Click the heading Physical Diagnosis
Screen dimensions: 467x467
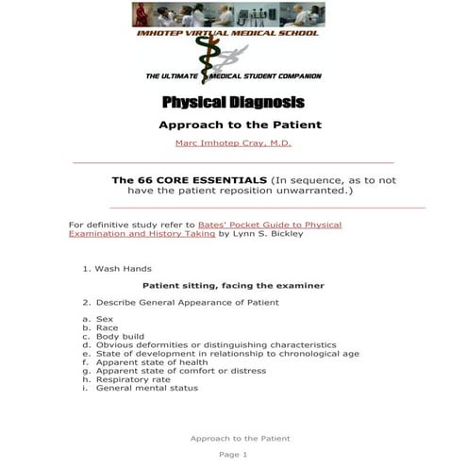233,102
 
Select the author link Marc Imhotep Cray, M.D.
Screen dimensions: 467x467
233,142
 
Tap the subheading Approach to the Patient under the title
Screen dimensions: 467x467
240,124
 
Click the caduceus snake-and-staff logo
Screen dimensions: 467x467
227,58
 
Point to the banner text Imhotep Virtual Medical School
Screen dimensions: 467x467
227,33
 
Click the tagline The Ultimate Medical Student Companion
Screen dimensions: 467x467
233,75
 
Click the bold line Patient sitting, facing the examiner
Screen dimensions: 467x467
233,285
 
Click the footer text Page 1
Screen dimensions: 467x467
233,455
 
